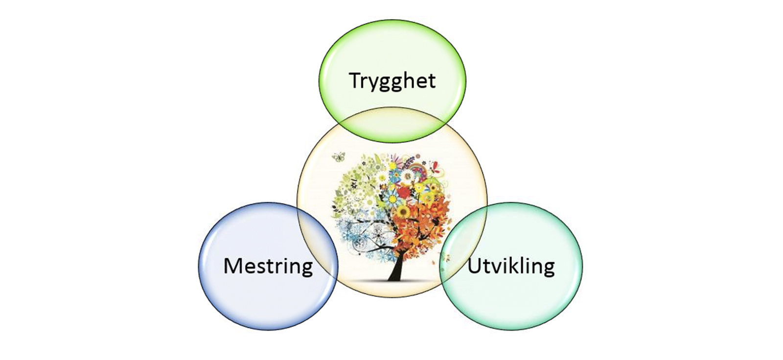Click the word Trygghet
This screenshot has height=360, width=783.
[x=392, y=80]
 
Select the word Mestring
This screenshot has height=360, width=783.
[x=268, y=266]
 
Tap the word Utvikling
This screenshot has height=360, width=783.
[x=511, y=266]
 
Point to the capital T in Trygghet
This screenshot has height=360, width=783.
[x=356, y=80]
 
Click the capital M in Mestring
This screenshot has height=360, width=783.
[x=232, y=266]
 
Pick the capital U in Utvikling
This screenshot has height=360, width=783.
[x=474, y=266]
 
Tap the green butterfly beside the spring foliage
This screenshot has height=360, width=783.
[x=338, y=157]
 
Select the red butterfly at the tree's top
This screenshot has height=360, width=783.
[x=435, y=168]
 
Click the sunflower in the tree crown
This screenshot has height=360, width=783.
[x=404, y=211]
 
